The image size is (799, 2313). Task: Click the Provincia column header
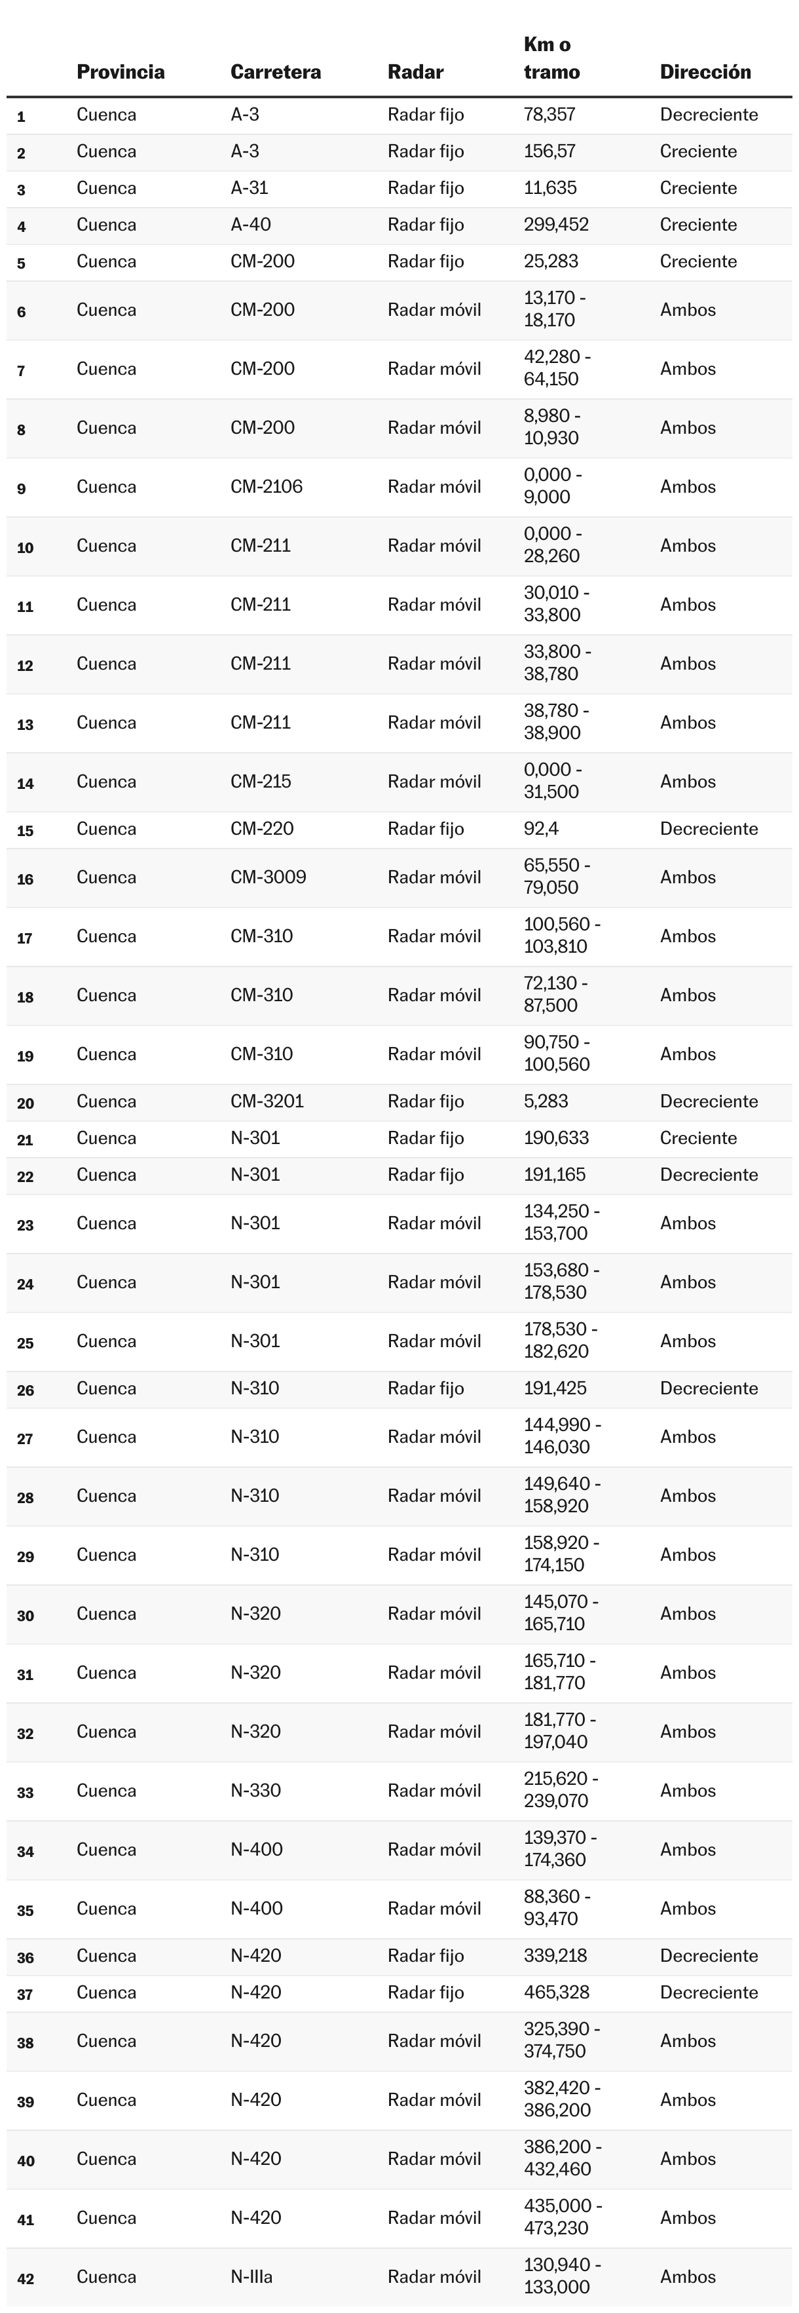(121, 72)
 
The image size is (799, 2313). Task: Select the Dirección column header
(705, 72)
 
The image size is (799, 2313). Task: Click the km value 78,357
(549, 115)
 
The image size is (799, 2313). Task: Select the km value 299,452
(556, 225)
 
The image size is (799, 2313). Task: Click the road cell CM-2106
(267, 487)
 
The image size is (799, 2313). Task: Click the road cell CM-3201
(267, 1101)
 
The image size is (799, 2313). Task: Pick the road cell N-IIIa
(251, 2276)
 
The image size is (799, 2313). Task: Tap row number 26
(25, 1390)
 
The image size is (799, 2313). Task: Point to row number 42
(25, 2278)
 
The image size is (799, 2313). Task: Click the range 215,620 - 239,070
(560, 1789)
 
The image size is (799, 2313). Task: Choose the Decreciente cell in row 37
(709, 1993)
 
